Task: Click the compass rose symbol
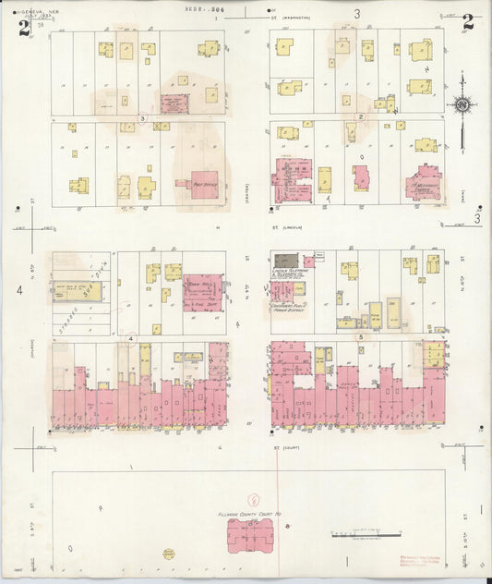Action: pos(461,105)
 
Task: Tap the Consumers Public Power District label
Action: pos(289,306)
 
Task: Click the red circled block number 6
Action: pos(256,498)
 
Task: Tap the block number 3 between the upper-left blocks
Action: pos(142,118)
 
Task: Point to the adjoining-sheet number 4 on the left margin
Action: pos(18,291)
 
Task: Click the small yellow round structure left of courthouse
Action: pos(169,554)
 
